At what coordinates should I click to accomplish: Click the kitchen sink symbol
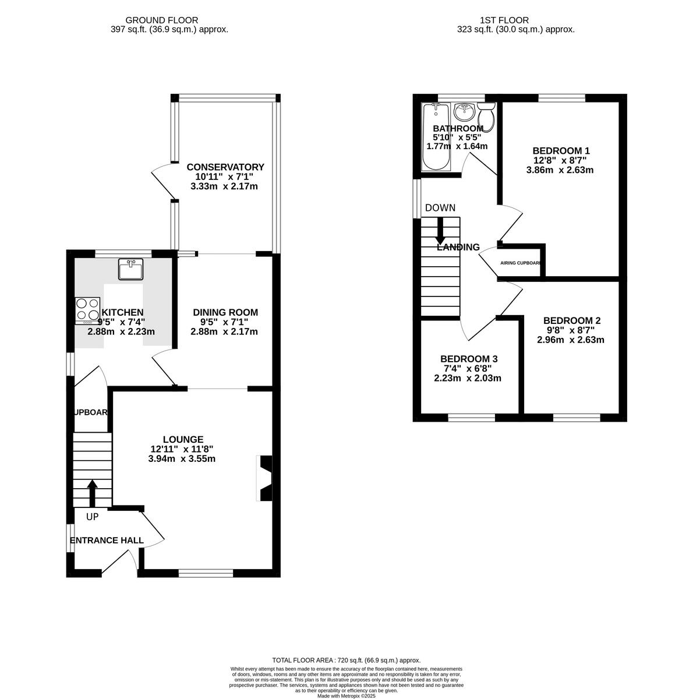[x=130, y=269]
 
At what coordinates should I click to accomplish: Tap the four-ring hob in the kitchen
[x=87, y=310]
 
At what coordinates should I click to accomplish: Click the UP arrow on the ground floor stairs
[x=92, y=493]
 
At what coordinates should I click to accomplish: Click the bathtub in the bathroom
[x=435, y=137]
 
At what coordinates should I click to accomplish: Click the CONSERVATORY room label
[x=225, y=167]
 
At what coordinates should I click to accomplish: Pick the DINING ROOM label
[x=225, y=312]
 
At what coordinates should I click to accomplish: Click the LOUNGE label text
[x=183, y=439]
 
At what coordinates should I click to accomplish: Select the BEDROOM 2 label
[x=571, y=320]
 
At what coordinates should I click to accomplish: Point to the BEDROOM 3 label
[x=468, y=359]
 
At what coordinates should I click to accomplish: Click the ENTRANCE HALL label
[x=107, y=541]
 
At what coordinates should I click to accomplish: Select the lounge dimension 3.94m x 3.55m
[x=183, y=458]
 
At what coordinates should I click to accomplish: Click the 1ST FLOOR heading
[x=515, y=20]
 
